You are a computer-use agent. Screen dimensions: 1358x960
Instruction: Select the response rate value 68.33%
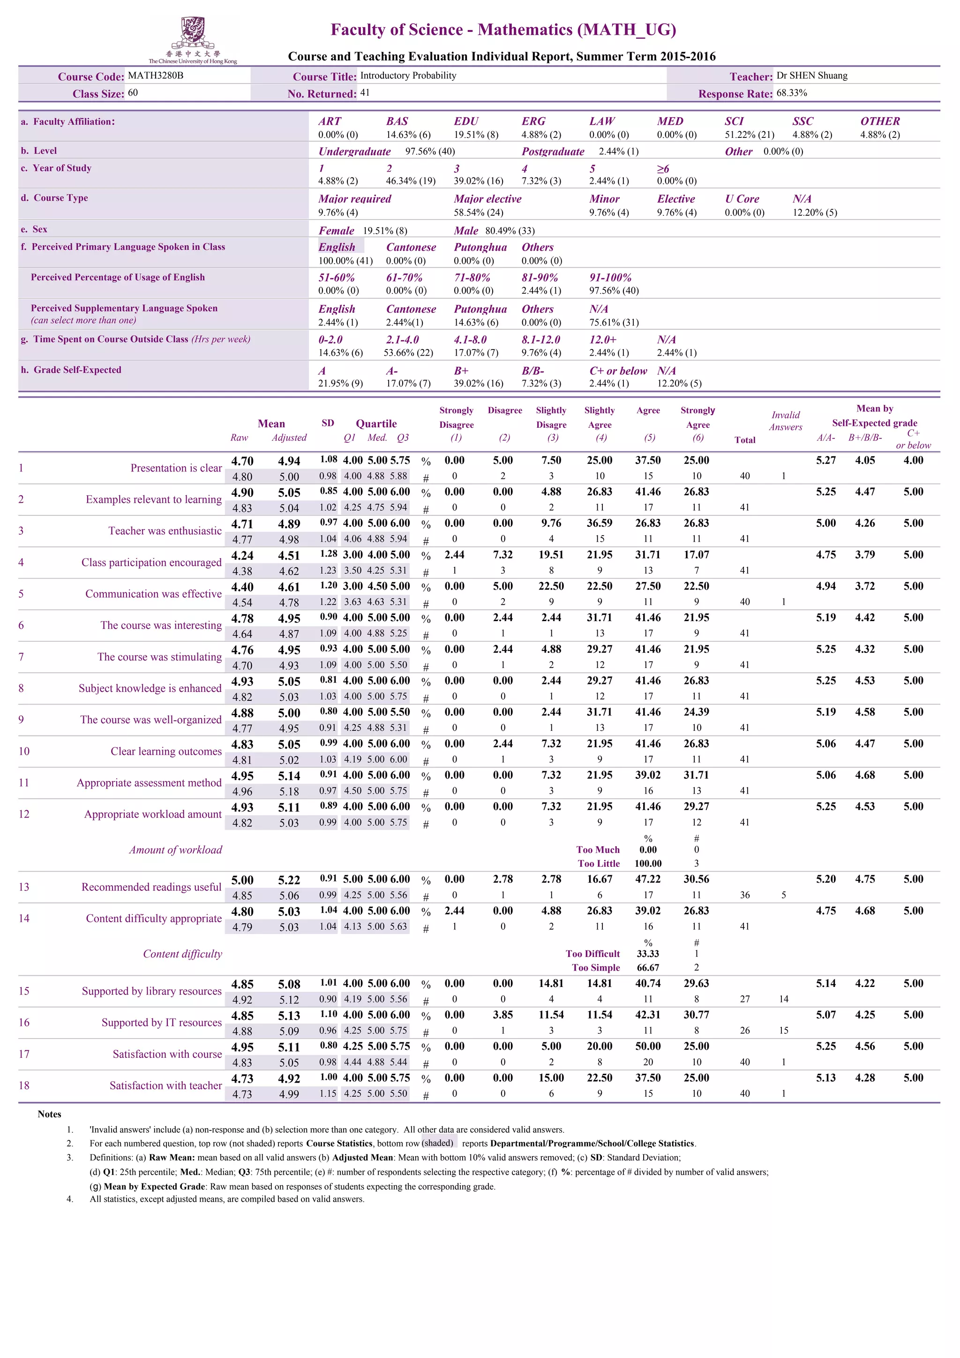click(x=792, y=93)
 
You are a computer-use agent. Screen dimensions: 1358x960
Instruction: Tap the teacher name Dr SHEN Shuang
click(x=811, y=76)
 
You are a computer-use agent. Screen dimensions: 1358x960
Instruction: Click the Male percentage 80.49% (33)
click(x=510, y=231)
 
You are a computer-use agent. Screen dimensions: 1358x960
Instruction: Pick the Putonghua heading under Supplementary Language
click(x=480, y=309)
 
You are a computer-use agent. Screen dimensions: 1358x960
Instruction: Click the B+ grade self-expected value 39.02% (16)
click(x=478, y=383)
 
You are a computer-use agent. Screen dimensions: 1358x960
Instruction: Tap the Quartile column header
click(x=376, y=424)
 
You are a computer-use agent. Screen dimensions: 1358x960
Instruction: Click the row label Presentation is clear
click(x=176, y=468)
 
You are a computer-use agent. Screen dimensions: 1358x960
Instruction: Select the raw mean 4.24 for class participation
click(x=242, y=555)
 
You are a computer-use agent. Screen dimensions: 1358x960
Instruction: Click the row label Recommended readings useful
click(x=151, y=887)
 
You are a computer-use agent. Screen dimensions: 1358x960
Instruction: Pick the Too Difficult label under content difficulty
click(x=592, y=954)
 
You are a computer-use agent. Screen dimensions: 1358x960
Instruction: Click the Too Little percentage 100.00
click(x=648, y=864)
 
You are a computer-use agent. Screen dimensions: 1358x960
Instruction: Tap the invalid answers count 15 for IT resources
click(x=783, y=1030)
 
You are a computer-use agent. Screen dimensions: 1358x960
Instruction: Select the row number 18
click(x=23, y=1085)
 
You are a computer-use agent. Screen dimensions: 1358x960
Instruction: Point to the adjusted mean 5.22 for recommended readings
click(x=289, y=880)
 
